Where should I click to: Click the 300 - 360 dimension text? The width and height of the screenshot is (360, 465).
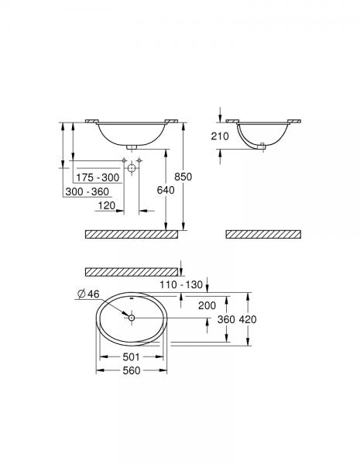(x=86, y=191)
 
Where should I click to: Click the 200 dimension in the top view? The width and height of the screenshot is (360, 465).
(x=207, y=306)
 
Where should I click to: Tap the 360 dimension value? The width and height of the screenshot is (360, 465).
(x=227, y=319)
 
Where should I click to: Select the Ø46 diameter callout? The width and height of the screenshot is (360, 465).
(x=87, y=292)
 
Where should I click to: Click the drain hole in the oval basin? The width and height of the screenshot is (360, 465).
(x=132, y=318)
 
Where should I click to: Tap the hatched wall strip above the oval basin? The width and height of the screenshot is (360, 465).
(x=130, y=271)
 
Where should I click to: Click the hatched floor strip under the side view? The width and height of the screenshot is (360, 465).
(x=262, y=233)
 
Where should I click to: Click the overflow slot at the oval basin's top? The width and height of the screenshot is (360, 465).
(x=132, y=298)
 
